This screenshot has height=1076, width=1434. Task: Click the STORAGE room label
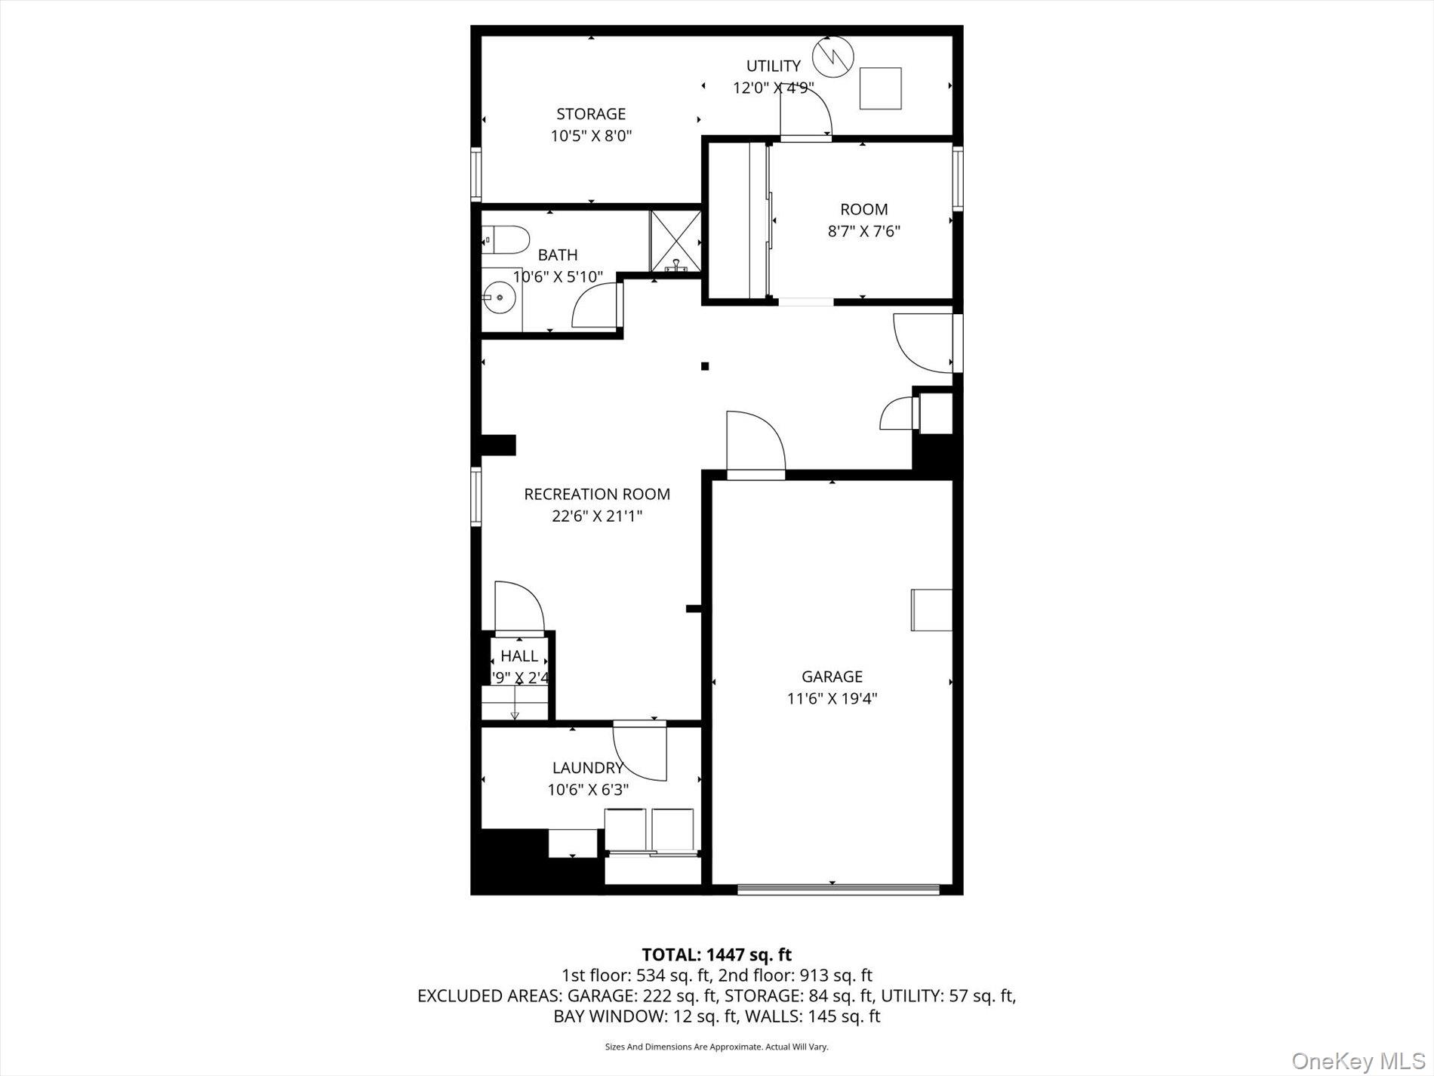(x=591, y=114)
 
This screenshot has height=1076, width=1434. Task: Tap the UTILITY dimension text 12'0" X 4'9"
(x=773, y=88)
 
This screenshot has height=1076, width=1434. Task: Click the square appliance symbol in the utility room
(x=881, y=88)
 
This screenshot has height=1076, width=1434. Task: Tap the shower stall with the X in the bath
(x=675, y=242)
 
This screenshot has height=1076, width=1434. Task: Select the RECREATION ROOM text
(x=597, y=495)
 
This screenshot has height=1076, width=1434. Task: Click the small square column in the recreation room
(x=705, y=366)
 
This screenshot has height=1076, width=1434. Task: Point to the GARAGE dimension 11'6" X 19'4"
(x=832, y=698)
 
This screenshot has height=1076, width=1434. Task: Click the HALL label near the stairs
(x=519, y=656)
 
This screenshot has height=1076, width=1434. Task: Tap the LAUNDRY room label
(x=588, y=768)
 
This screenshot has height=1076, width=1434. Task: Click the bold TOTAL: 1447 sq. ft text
(x=716, y=955)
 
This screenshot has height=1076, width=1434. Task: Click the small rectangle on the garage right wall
(x=931, y=609)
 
